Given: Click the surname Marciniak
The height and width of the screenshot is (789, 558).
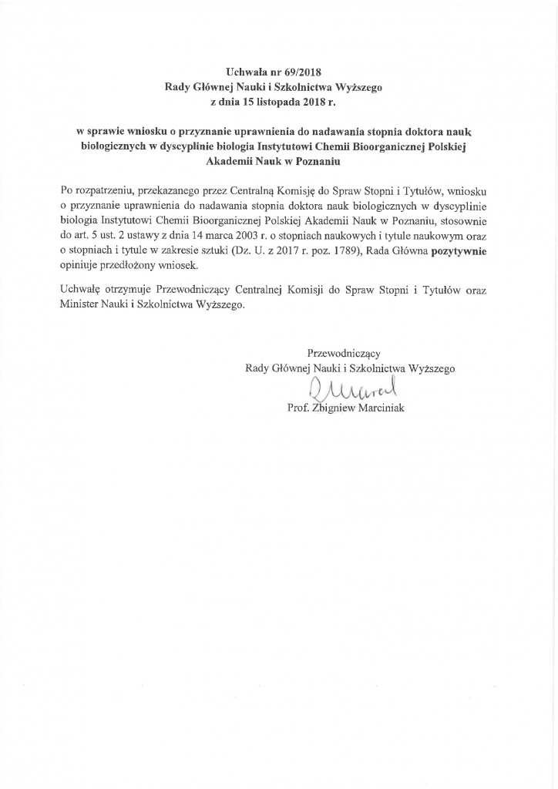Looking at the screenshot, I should [x=377, y=408].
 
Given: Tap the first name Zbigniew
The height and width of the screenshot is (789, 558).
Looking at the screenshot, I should [x=328, y=408].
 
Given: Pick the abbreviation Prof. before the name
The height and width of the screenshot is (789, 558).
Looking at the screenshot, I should [x=297, y=408].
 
